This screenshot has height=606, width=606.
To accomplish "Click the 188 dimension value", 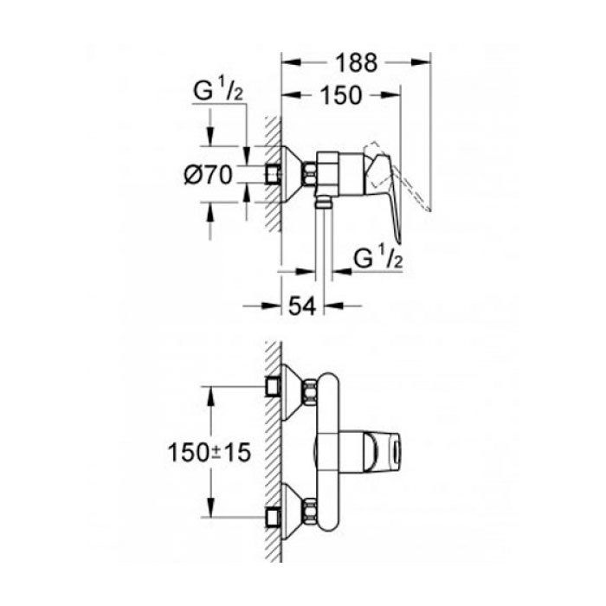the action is click(x=356, y=63).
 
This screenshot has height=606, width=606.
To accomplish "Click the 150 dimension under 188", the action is click(x=342, y=95).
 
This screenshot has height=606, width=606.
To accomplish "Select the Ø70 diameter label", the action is click(x=209, y=175).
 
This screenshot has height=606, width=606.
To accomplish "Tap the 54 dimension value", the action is click(x=302, y=306).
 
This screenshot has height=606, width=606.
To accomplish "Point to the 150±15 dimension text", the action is click(x=210, y=453).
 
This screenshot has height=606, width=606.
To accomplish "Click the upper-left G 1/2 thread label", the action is click(x=218, y=89).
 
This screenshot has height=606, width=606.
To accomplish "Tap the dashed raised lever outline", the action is click(x=398, y=177).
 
